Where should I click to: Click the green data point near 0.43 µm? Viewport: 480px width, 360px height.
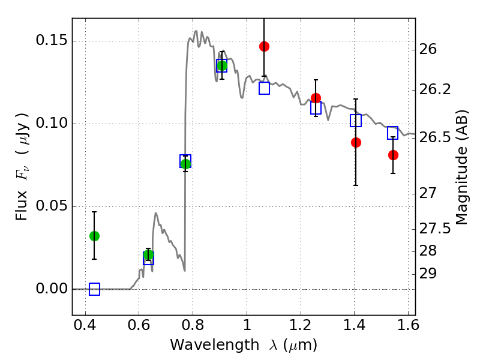tap(94, 236)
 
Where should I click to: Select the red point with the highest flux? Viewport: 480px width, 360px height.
tap(264, 47)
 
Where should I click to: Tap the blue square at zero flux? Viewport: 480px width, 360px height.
tap(94, 289)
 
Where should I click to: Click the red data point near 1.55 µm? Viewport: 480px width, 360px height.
tap(393, 155)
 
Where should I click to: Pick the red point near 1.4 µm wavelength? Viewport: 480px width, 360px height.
tap(356, 142)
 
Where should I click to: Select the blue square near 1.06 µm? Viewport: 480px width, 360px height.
tap(264, 88)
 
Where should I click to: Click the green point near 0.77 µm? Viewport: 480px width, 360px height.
tap(185, 164)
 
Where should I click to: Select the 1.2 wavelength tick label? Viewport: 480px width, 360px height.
tap(301, 325)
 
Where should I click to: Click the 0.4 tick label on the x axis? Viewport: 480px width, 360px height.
tap(85, 325)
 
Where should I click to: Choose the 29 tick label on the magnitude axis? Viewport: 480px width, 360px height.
tap(428, 274)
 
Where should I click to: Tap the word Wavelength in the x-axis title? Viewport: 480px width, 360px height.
tap(215, 345)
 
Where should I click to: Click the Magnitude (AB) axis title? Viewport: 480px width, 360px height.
tap(462, 168)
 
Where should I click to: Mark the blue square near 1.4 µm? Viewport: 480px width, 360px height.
tap(356, 121)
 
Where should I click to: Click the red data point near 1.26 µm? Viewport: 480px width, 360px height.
tap(316, 98)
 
